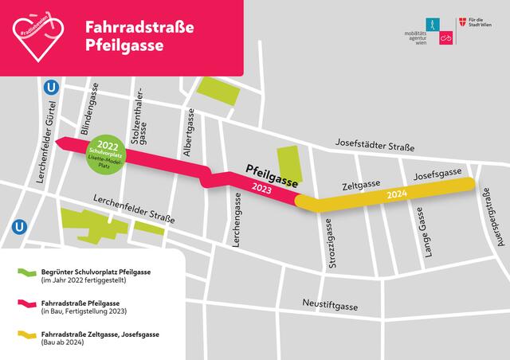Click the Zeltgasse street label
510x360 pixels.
360,185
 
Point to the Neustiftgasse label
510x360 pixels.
330,305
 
